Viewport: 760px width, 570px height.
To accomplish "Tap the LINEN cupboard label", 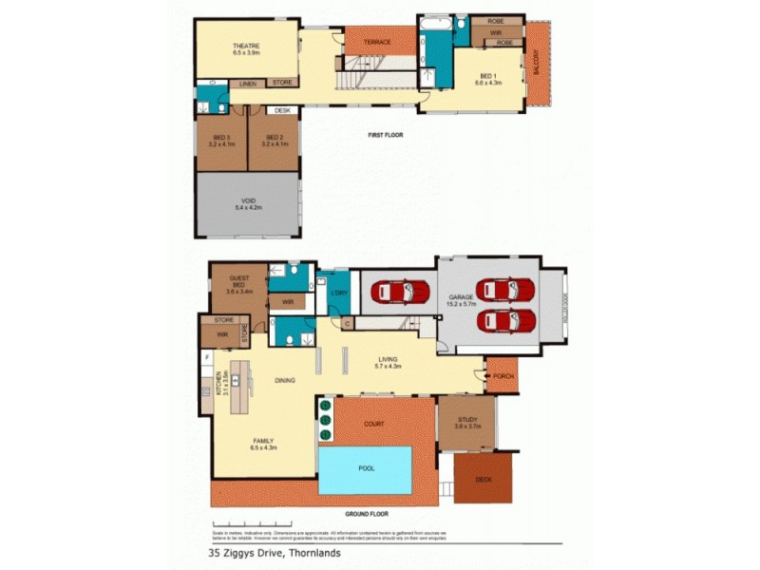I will [x=247, y=84].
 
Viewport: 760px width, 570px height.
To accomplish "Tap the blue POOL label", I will [x=365, y=469].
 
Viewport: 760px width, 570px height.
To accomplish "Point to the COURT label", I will [x=374, y=424].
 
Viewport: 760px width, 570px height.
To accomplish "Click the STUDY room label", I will [x=465, y=422].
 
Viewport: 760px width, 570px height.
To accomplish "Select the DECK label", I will [x=484, y=479].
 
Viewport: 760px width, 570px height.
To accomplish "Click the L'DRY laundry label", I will [x=335, y=293].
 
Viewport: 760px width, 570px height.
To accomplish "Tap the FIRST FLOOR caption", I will [x=386, y=135].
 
